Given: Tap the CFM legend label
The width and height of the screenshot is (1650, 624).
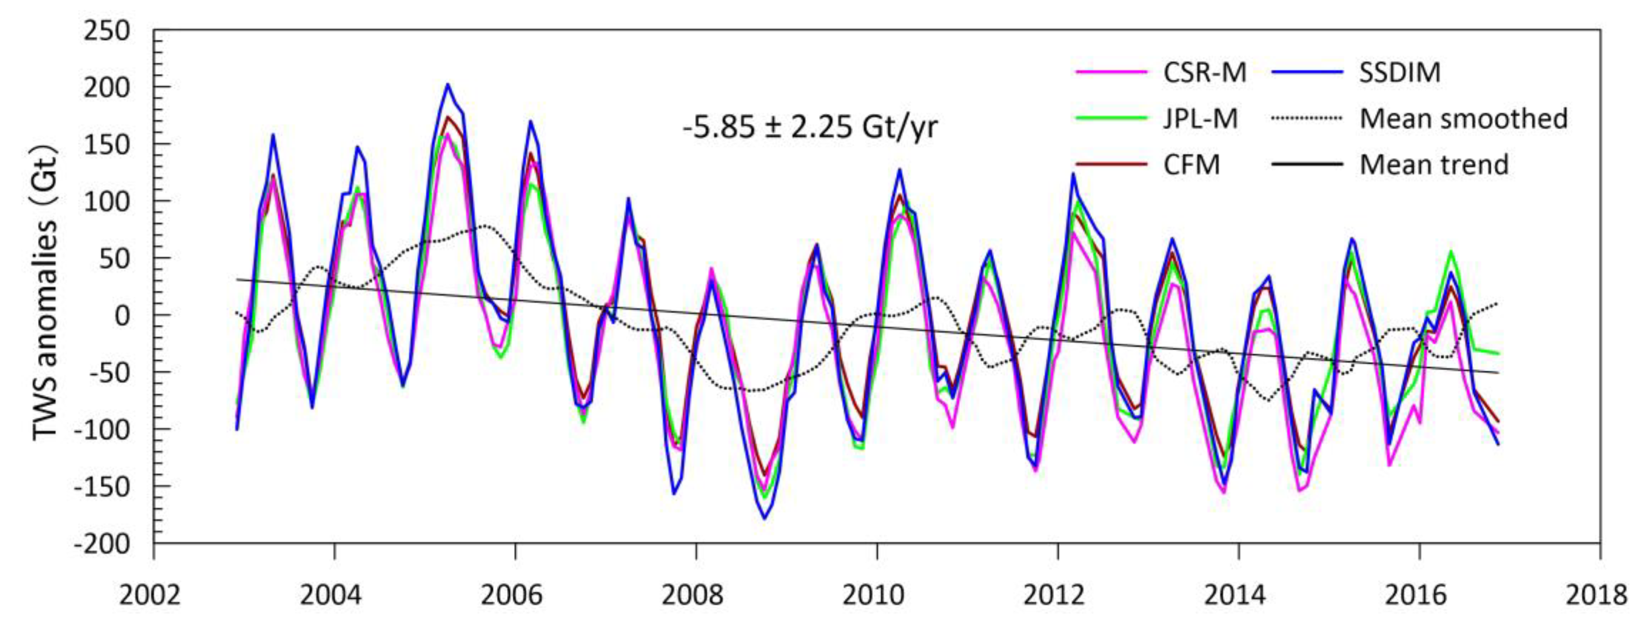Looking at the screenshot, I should tap(1191, 165).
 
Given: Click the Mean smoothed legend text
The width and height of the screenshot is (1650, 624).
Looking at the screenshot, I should tap(1463, 119).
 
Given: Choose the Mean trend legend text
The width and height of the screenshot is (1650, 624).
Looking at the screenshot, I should tap(1434, 165).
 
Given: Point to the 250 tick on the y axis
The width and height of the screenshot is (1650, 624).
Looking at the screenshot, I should tap(106, 31).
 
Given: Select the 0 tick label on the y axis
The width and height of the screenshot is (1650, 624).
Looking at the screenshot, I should tap(121, 316).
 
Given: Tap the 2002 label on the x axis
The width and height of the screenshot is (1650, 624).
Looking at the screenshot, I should tap(150, 595).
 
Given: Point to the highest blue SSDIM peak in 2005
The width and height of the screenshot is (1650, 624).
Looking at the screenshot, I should tap(447, 84).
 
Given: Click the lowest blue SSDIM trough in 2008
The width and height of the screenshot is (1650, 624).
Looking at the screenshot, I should tap(764, 518).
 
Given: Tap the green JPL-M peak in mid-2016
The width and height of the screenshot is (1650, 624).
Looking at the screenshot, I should tap(1450, 251).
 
